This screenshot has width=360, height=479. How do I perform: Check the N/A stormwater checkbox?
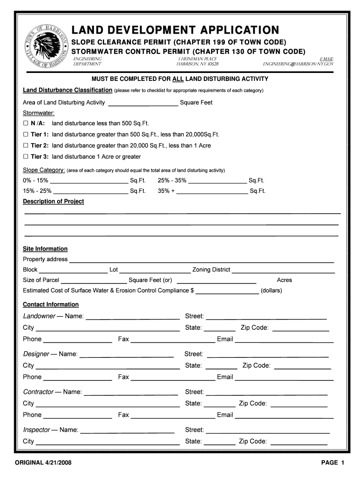point(26,123)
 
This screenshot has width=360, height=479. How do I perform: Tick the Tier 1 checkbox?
point(26,135)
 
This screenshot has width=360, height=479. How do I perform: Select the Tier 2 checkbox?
point(26,146)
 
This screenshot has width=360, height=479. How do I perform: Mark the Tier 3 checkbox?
point(26,157)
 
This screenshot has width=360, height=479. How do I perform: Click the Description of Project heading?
point(53,202)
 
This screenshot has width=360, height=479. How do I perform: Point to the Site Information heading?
point(45,249)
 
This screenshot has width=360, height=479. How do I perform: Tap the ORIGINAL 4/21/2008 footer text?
point(43,463)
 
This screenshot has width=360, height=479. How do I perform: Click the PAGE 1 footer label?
point(332,463)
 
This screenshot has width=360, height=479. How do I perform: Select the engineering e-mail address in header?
point(298,64)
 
